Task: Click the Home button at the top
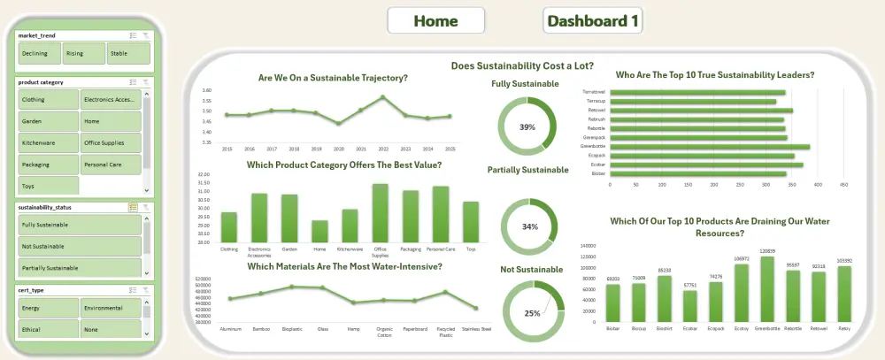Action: tap(435, 20)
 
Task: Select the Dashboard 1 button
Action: tap(593, 20)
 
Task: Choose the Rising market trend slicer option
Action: tap(83, 54)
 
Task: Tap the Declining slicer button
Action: tap(38, 54)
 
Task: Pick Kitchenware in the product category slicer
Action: tap(47, 142)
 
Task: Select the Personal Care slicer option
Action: tap(110, 165)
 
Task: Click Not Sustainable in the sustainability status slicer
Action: tap(78, 246)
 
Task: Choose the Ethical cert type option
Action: tap(47, 328)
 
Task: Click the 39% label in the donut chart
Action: tap(527, 127)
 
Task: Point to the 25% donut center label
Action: tap(532, 313)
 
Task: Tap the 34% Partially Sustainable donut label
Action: tap(530, 226)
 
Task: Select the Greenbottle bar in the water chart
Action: tap(767, 289)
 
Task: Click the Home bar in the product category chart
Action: tap(319, 231)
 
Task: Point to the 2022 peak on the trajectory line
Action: tap(382, 96)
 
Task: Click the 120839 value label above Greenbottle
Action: tap(767, 251)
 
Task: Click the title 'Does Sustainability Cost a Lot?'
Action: tap(521, 65)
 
